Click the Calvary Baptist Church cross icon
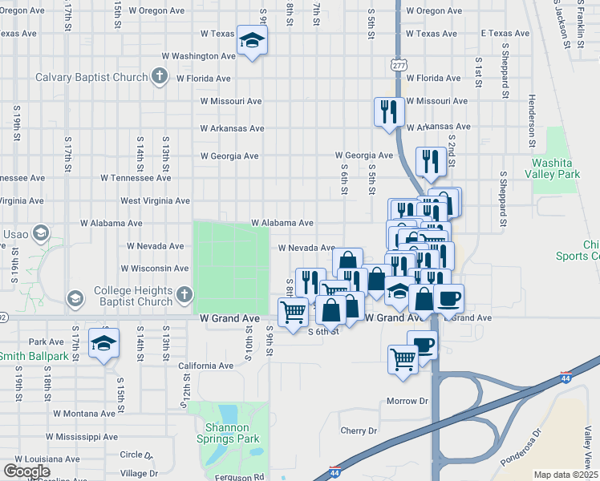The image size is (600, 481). [160, 77]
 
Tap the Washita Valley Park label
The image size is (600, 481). [557, 168]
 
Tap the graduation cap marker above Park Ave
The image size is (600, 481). [103, 343]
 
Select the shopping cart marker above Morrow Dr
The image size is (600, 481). [403, 358]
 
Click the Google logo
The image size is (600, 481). [26, 471]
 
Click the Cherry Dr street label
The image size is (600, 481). [358, 430]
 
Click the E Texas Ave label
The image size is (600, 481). [505, 34]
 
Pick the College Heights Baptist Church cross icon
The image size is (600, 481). [184, 295]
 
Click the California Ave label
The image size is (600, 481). [205, 366]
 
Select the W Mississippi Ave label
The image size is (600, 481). [81, 438]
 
